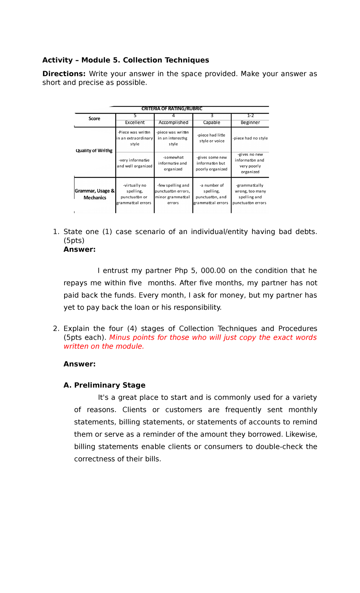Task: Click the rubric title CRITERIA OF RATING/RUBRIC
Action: click(172, 109)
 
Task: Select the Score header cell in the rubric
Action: click(94, 119)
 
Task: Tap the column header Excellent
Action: click(135, 122)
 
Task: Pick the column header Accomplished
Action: click(173, 122)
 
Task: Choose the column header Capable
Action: click(212, 122)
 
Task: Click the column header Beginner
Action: click(250, 122)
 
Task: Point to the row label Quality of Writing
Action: click(94, 151)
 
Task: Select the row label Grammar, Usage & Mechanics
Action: click(95, 194)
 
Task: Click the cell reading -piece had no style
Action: click(250, 138)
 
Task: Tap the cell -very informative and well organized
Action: click(135, 163)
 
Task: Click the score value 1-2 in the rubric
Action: click(250, 116)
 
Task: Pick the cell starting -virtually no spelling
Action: click(135, 194)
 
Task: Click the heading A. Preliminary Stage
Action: click(104, 385)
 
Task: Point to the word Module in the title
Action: click(96, 60)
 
